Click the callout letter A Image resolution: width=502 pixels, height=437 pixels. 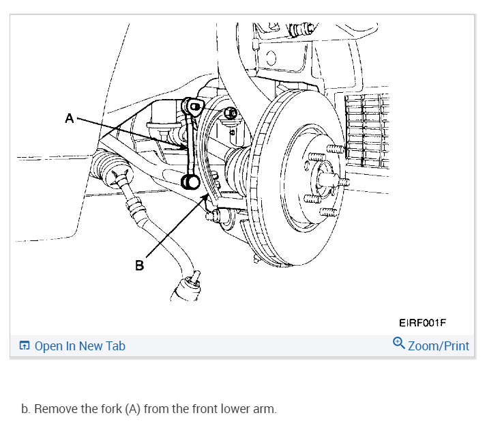(x=69, y=118)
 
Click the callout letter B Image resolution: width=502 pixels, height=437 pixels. (x=140, y=265)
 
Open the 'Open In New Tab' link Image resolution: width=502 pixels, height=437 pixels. (x=80, y=346)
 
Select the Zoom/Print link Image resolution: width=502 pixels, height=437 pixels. (x=438, y=346)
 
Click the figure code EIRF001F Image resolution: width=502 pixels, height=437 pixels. (x=422, y=322)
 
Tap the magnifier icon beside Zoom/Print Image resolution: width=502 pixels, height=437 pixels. (x=399, y=344)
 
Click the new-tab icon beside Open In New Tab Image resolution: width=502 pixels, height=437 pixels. (x=25, y=346)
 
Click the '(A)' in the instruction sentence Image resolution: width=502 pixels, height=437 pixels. (x=132, y=410)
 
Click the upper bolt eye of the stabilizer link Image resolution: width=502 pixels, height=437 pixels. (x=194, y=107)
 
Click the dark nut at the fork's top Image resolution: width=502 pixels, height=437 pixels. (x=231, y=113)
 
